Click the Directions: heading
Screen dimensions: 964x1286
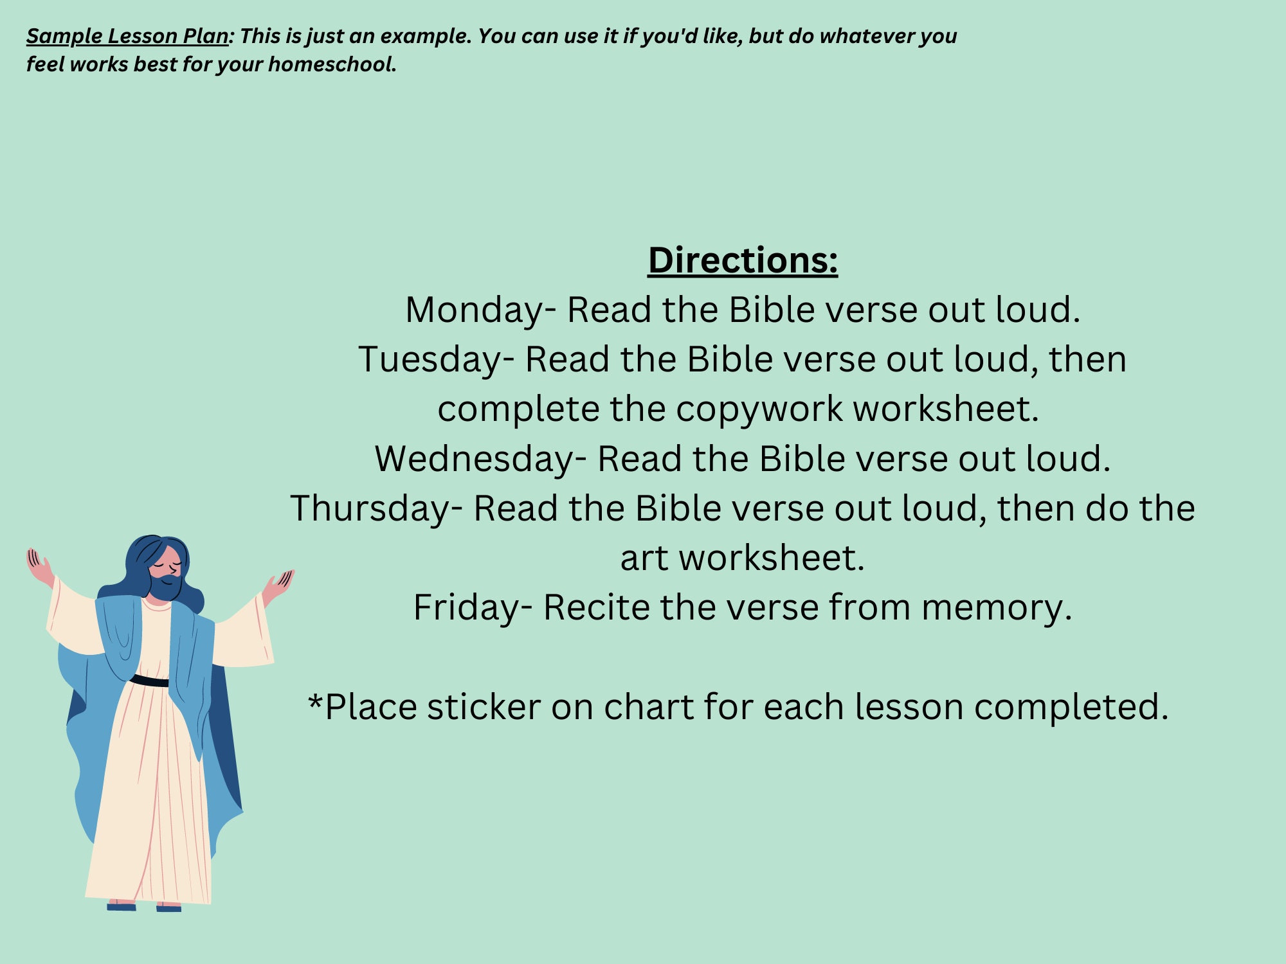point(743,260)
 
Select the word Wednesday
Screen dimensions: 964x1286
point(475,460)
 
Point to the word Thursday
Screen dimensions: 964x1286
point(370,509)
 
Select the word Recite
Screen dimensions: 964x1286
point(596,608)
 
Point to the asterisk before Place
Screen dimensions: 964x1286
point(315,702)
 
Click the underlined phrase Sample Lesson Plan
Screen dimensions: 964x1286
point(127,36)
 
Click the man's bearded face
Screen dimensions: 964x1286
point(165,573)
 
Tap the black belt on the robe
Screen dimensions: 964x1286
point(150,681)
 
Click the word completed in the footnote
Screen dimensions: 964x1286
point(1067,708)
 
